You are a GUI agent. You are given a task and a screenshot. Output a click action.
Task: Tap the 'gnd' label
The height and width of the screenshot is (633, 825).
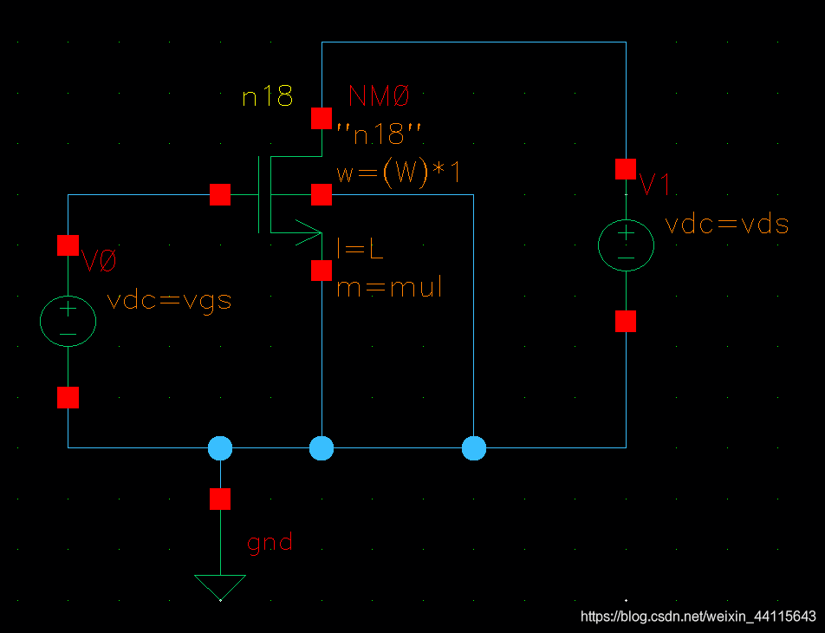click(x=270, y=544)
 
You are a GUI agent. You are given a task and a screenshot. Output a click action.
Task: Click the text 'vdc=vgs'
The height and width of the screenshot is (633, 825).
click(x=169, y=301)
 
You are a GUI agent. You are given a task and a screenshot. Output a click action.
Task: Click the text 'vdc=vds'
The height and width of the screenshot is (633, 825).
click(x=726, y=224)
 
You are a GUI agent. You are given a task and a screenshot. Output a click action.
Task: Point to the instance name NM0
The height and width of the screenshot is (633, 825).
click(x=379, y=95)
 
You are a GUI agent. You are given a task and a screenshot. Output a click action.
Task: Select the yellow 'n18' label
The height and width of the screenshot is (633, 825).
click(x=267, y=96)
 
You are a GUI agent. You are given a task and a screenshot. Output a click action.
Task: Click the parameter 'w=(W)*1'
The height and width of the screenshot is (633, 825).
click(x=398, y=173)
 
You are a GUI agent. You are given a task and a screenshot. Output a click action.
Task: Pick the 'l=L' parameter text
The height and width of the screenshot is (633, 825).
click(x=360, y=250)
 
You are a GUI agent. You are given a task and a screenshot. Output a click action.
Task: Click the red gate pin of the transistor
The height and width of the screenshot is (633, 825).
click(x=220, y=195)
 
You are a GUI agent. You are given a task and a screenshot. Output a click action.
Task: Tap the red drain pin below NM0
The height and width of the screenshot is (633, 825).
click(x=322, y=118)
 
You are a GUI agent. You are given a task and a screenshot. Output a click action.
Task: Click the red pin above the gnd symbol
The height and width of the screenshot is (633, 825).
click(x=220, y=499)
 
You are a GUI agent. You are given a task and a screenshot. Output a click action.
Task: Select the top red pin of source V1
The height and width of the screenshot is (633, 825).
click(x=626, y=169)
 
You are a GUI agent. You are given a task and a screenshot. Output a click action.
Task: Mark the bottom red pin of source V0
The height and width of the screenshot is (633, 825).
click(x=68, y=398)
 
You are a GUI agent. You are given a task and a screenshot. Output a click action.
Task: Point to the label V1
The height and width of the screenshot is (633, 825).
click(x=654, y=184)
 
